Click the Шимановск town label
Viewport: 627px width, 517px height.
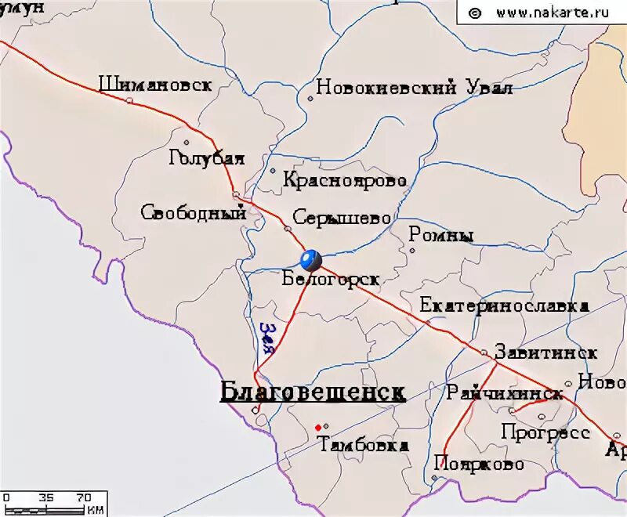(x=155, y=85)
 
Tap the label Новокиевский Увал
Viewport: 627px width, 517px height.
(x=414, y=88)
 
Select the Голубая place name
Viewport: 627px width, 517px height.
(x=206, y=158)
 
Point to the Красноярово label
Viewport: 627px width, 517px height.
(x=345, y=181)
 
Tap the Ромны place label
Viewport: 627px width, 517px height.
(x=441, y=235)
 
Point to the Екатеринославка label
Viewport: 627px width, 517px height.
(x=504, y=305)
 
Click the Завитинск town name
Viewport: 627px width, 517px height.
(x=545, y=352)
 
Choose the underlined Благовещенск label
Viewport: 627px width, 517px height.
(x=313, y=392)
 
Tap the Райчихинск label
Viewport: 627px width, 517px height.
(x=505, y=393)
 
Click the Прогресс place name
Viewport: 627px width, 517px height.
(x=545, y=432)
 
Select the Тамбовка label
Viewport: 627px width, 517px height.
(x=364, y=445)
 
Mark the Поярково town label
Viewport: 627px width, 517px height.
(x=478, y=464)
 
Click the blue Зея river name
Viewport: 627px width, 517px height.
(x=267, y=338)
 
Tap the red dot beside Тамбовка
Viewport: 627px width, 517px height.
(x=317, y=427)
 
